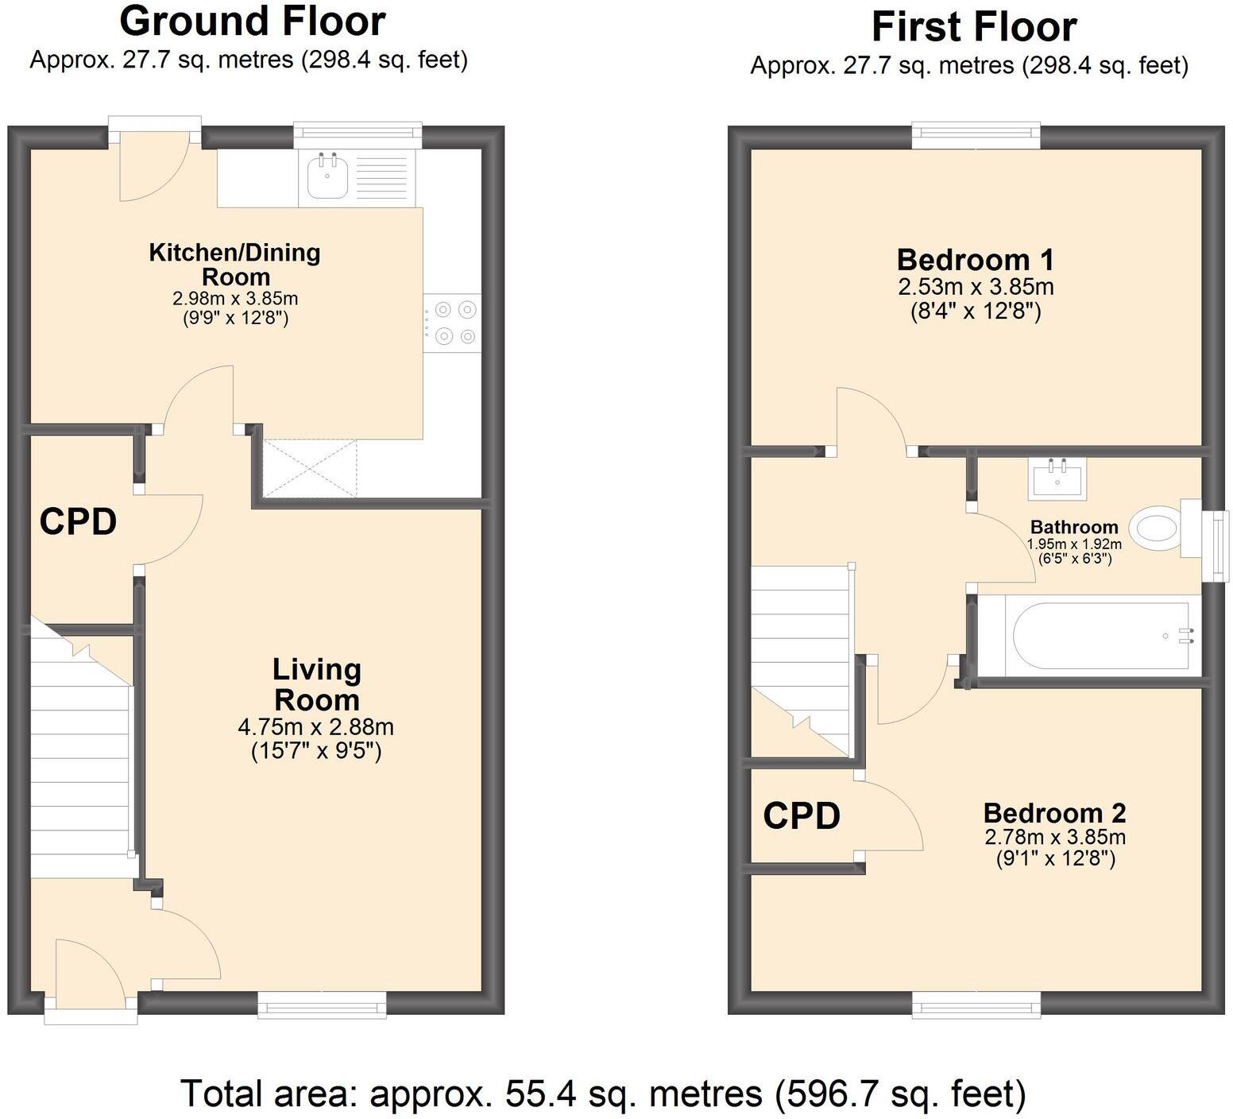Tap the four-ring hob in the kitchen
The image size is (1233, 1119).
tap(452, 322)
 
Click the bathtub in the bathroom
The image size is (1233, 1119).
tap(1100, 636)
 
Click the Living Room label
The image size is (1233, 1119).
tap(316, 684)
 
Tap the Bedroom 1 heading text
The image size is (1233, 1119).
tap(975, 260)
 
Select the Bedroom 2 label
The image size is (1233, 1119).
tap(1054, 813)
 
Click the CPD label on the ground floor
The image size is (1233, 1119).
tap(78, 522)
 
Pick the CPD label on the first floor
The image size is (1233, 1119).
tap(802, 815)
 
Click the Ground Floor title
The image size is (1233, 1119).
tap(252, 21)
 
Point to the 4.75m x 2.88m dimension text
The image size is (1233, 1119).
tap(315, 726)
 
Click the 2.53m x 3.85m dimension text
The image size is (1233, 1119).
tap(975, 286)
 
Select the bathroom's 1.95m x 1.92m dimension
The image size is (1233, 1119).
tap(1074, 544)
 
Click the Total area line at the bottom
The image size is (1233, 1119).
tap(603, 1094)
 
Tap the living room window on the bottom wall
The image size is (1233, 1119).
tap(322, 1005)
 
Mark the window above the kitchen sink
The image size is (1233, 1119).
tap(358, 135)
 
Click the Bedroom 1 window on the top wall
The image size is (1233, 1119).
tap(976, 135)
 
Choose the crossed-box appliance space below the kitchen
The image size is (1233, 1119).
tap(310, 469)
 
